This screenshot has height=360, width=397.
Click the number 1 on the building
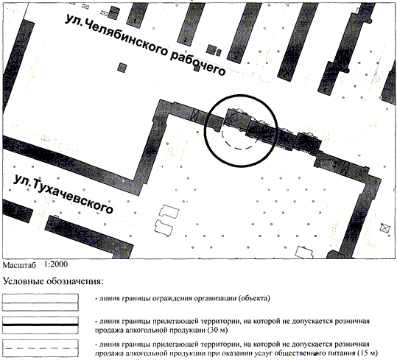click(135, 21)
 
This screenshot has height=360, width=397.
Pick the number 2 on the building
click(186, 40)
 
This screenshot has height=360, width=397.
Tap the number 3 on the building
click(236, 57)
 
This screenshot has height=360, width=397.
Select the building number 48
click(335, 165)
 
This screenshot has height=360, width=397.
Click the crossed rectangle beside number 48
click(345, 167)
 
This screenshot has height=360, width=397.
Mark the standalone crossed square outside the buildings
click(384, 228)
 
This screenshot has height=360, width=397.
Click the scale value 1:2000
click(56, 264)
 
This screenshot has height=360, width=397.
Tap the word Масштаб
click(19, 265)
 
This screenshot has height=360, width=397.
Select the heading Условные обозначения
click(53, 281)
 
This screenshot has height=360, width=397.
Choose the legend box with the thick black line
click(41, 325)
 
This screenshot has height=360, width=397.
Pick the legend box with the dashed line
click(41, 348)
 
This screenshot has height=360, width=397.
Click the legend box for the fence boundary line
click(41, 303)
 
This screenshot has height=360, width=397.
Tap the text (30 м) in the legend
click(217, 330)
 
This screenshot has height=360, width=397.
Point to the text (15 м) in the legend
click(368, 353)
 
